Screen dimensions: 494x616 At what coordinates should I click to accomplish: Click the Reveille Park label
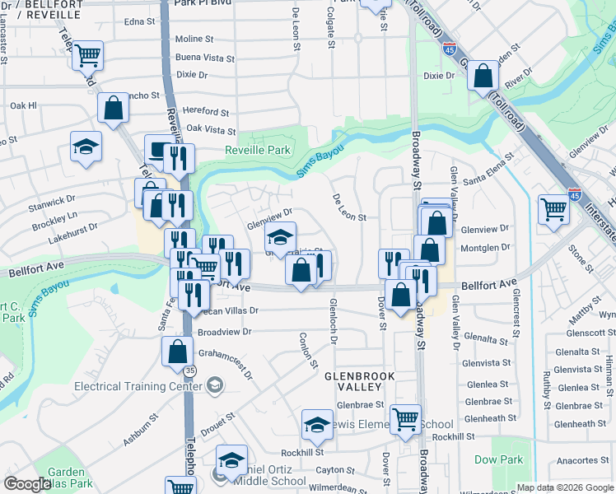click(258, 150)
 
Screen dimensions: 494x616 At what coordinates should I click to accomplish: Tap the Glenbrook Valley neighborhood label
click(360, 380)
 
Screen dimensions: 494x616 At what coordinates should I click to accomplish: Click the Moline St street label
click(194, 39)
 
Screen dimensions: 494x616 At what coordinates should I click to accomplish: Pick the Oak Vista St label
click(211, 129)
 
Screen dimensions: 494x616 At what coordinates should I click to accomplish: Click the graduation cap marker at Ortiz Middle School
click(232, 459)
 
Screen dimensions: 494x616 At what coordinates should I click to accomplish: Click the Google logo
click(27, 485)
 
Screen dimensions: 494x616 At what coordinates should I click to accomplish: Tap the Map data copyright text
click(565, 487)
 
